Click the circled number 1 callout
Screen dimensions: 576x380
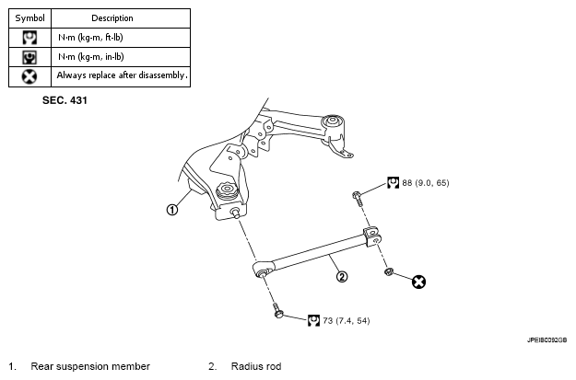172,210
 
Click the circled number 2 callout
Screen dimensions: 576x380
342,276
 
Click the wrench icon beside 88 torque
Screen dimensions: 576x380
393,183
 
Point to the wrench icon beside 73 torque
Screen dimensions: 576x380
313,320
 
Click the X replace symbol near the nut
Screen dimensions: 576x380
418,282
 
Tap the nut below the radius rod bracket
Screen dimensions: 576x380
389,271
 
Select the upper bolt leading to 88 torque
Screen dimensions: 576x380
357,198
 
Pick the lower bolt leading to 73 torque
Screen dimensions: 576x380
277,311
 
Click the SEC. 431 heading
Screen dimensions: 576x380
65,100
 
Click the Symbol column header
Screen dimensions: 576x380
29,18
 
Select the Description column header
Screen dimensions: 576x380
112,18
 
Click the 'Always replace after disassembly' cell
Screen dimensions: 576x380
122,75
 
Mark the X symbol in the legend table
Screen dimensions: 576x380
29,76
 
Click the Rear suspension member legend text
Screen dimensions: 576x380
90,366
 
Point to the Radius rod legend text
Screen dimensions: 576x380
256,366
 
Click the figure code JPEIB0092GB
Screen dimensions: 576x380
547,340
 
